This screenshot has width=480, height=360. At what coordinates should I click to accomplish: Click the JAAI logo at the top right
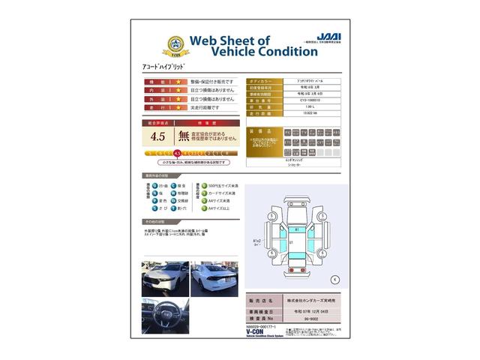click(328, 36)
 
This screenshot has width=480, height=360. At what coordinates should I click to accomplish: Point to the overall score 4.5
click(157, 136)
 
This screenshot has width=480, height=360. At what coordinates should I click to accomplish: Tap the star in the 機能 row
click(178, 81)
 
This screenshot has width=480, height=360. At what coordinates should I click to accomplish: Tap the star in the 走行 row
click(178, 107)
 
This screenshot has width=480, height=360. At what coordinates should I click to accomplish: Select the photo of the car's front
click(164, 278)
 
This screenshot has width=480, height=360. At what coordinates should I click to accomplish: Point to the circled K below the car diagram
click(335, 279)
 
